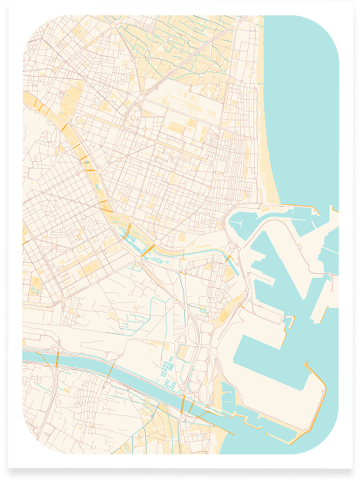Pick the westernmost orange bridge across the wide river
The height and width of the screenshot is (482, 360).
tap(58, 360)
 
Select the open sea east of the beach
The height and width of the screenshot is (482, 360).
tap(307, 115)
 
